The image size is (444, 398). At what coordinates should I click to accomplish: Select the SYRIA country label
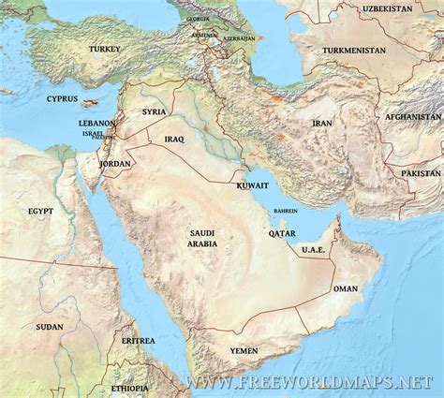point(154,111)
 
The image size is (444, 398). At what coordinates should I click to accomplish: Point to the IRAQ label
point(174,139)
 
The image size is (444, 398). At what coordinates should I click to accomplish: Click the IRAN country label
point(322,123)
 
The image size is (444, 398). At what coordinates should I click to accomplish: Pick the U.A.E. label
point(313,250)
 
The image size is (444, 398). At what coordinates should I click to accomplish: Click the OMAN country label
point(347,291)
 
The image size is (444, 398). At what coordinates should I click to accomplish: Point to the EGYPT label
point(40,213)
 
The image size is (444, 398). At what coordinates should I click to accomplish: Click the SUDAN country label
point(50,327)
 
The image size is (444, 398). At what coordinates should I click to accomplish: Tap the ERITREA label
point(138,341)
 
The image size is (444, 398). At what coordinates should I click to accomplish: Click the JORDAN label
point(115,163)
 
